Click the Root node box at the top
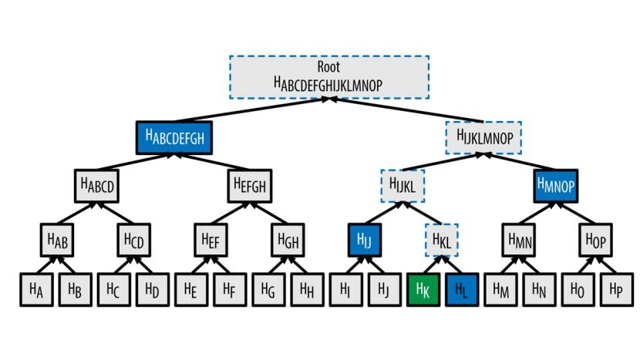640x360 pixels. pos(328,76)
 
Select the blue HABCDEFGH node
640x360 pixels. pos(174,138)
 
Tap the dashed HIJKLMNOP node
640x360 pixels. pos(484,138)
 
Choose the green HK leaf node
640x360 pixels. pos(423,290)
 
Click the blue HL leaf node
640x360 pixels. pos(462,290)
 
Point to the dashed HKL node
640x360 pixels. pos(443,240)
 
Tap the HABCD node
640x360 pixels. pos(97,186)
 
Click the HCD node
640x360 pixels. pos(134,240)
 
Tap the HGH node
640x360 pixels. pos(289,240)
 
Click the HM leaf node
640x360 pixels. pos(501,290)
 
